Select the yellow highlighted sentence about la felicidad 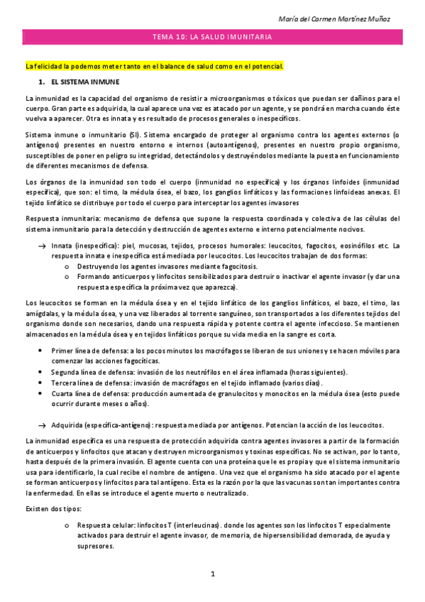(x=154, y=67)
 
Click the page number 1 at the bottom (x=212, y=574)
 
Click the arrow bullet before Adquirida (x=42, y=425)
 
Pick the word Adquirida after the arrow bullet (x=69, y=425)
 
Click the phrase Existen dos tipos (x=52, y=508)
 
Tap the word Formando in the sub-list (x=96, y=278)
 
